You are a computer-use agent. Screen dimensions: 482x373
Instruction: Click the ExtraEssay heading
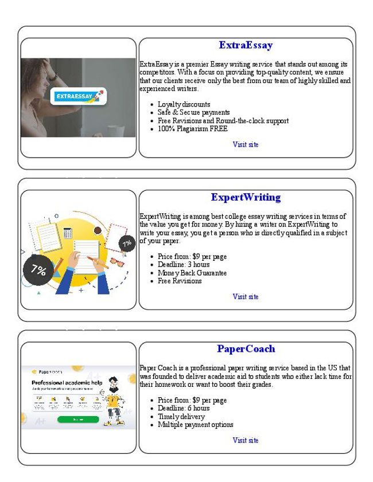(x=246, y=45)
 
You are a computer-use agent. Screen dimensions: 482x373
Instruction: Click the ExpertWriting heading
(x=246, y=198)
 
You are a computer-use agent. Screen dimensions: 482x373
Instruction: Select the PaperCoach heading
(x=246, y=349)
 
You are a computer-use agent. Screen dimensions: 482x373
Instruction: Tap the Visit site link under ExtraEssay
(x=246, y=144)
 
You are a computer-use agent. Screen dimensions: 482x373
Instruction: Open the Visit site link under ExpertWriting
(x=246, y=297)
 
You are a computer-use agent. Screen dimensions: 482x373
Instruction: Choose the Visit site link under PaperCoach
(x=246, y=440)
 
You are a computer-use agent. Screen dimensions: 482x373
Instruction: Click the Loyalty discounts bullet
(x=184, y=104)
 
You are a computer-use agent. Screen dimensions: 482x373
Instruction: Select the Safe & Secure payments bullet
(x=193, y=112)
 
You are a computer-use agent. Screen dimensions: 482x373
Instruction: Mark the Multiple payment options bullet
(x=195, y=425)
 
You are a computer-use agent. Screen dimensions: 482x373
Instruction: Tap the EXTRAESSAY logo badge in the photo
(x=79, y=96)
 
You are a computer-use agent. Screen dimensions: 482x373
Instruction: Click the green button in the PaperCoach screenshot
(x=77, y=419)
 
